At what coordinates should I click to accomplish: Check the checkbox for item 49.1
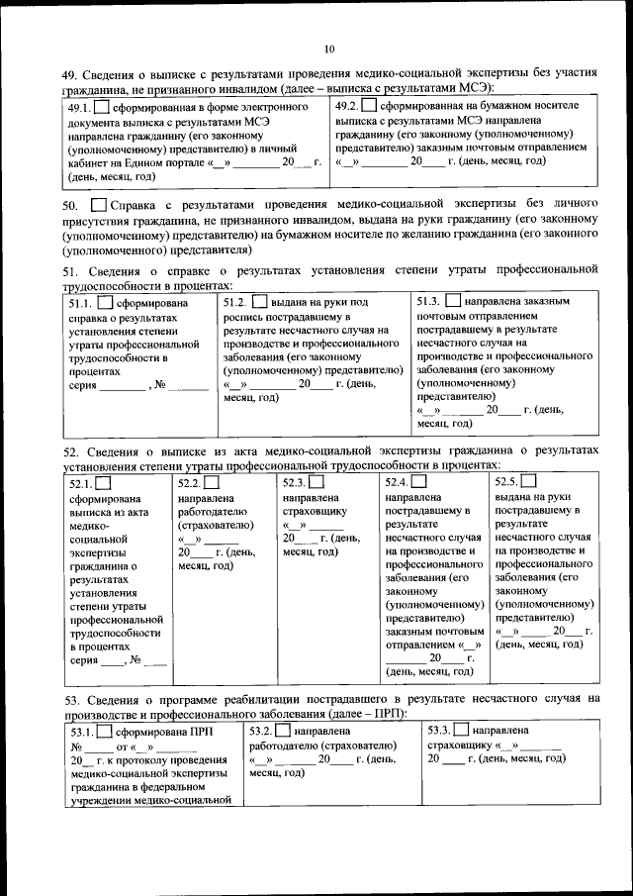(103, 107)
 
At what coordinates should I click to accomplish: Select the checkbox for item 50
(97, 204)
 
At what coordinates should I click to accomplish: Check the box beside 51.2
(259, 301)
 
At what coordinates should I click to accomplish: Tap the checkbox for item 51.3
(453, 299)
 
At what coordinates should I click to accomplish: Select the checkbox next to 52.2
(212, 483)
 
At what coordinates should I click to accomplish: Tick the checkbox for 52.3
(316, 482)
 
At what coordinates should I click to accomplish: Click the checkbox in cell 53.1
(103, 733)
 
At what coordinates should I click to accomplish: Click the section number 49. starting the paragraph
(68, 74)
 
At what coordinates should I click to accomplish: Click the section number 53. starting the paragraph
(68, 700)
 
